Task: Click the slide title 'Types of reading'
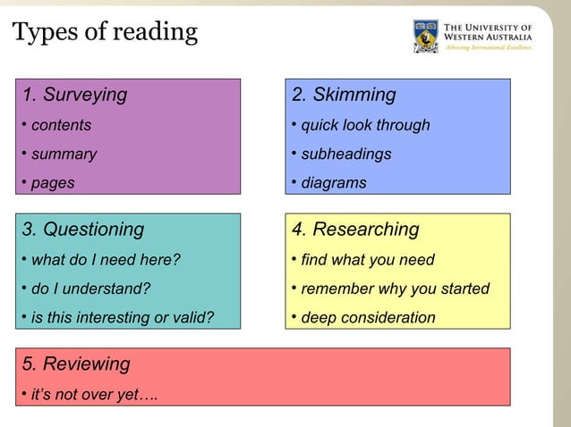click(105, 33)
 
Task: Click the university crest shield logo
click(426, 36)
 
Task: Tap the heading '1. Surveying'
click(75, 95)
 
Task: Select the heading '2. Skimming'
click(344, 95)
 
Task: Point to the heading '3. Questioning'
click(83, 230)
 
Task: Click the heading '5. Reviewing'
click(76, 364)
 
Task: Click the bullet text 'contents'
click(61, 125)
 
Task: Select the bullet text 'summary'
click(64, 154)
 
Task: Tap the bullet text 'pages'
click(53, 183)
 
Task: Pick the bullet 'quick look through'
click(365, 125)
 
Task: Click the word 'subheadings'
click(345, 154)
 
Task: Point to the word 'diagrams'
click(333, 183)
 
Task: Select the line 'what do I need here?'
click(106, 260)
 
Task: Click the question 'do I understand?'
click(90, 289)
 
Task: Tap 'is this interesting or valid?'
click(123, 317)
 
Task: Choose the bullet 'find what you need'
click(367, 260)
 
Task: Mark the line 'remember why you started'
click(395, 289)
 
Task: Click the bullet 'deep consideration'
click(368, 317)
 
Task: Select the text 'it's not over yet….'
click(94, 393)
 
